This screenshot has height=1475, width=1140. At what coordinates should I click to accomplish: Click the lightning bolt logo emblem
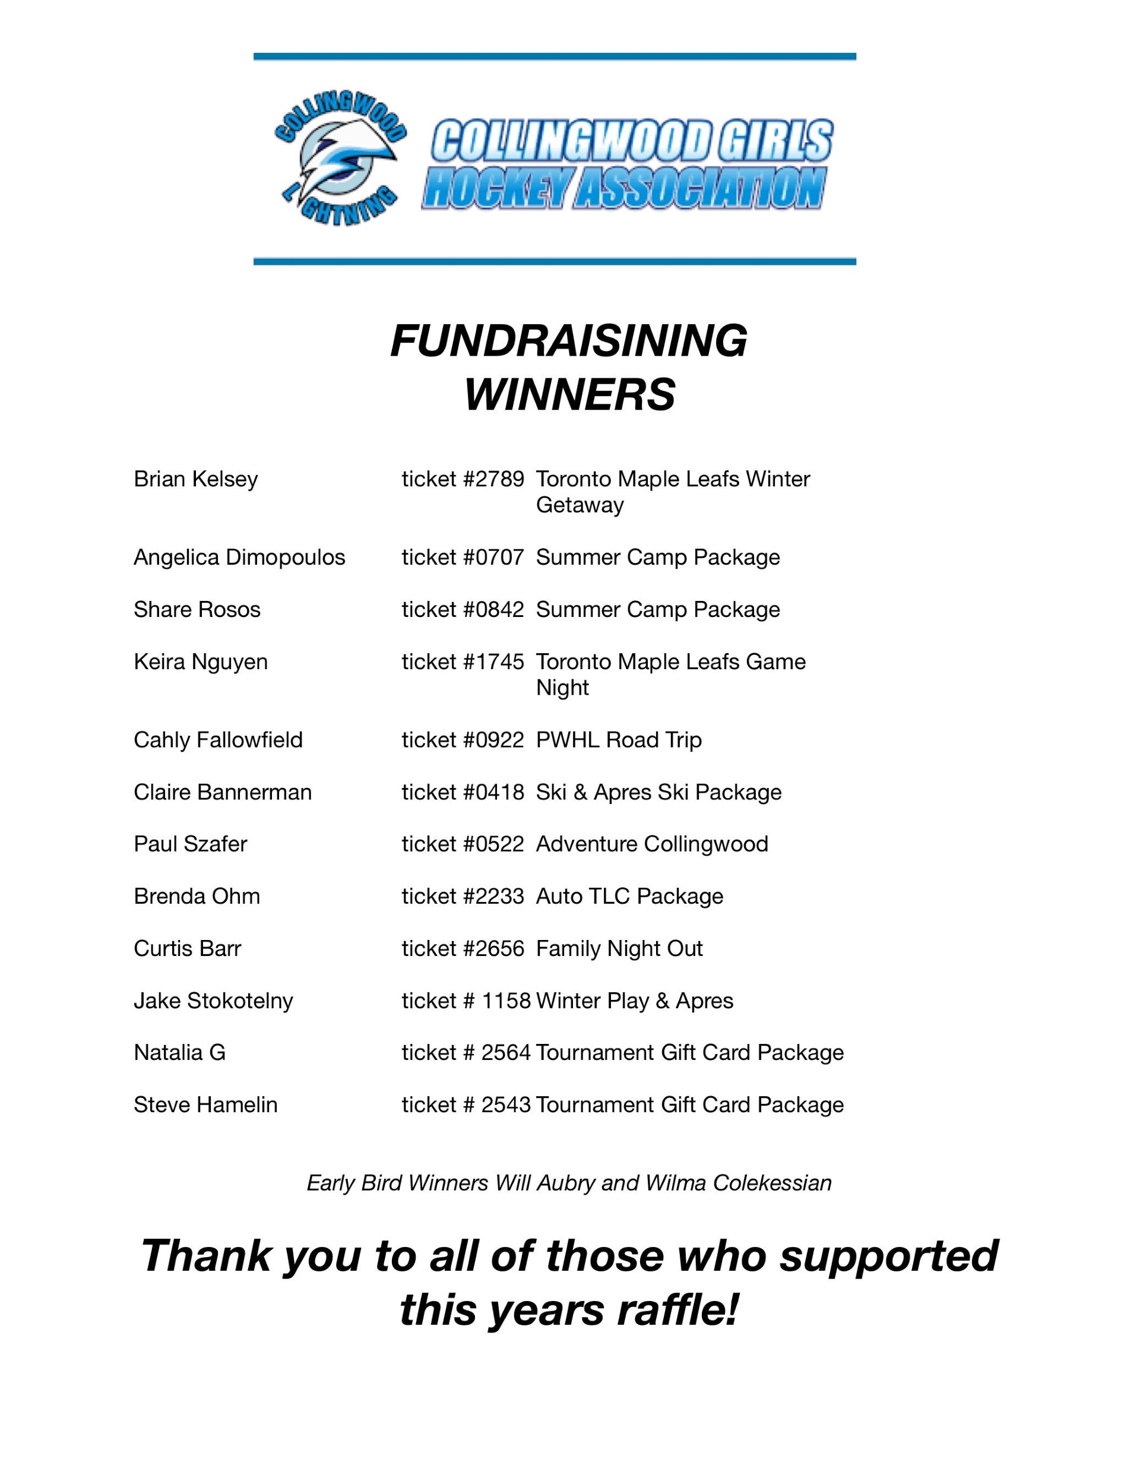click(340, 160)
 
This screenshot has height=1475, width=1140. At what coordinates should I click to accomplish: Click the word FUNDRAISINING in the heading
click(569, 340)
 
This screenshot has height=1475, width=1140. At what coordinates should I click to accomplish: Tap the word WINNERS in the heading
click(569, 394)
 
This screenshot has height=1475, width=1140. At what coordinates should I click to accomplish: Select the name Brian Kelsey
click(196, 479)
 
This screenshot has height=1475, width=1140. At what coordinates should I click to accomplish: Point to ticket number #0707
click(463, 557)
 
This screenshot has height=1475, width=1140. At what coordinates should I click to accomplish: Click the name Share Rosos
click(197, 609)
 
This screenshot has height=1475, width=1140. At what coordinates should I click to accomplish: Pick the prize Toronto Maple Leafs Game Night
click(670, 674)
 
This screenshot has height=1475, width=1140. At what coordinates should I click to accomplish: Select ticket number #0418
click(463, 792)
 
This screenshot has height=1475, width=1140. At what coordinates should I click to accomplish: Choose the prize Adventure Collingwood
click(652, 844)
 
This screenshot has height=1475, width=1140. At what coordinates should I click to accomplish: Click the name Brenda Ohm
click(197, 896)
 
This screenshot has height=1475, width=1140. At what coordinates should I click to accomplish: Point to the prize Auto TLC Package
click(629, 896)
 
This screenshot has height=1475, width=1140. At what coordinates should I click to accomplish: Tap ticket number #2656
click(463, 948)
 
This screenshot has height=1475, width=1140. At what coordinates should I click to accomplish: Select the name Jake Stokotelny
click(213, 1000)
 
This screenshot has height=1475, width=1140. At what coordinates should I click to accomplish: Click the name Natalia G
click(180, 1052)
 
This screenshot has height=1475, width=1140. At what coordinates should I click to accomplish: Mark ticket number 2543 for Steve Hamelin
click(466, 1104)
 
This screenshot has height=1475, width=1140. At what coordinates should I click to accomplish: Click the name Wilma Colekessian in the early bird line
click(738, 1183)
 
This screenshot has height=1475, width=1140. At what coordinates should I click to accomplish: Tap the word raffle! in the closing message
click(677, 1309)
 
